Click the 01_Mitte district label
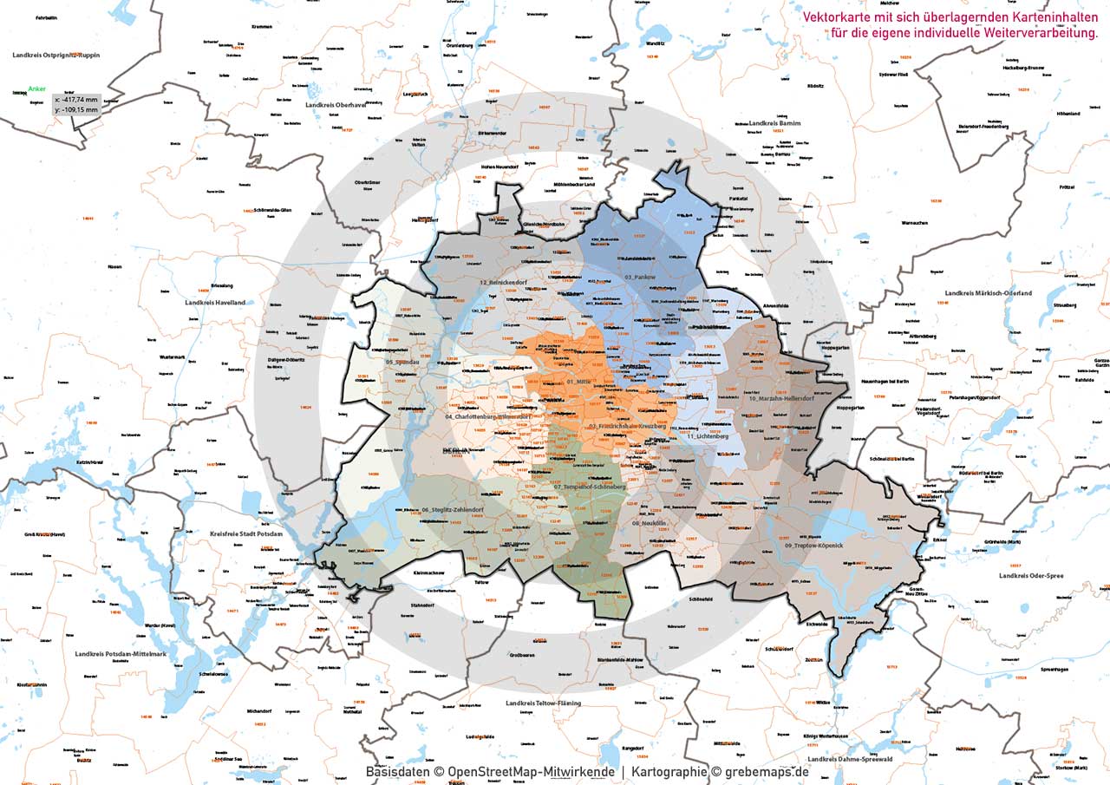583,382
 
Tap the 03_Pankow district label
639,276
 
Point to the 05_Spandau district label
403,362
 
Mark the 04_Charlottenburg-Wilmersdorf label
486,416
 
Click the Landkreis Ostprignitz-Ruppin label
56,55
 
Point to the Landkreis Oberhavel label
336,105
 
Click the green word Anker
36,88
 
